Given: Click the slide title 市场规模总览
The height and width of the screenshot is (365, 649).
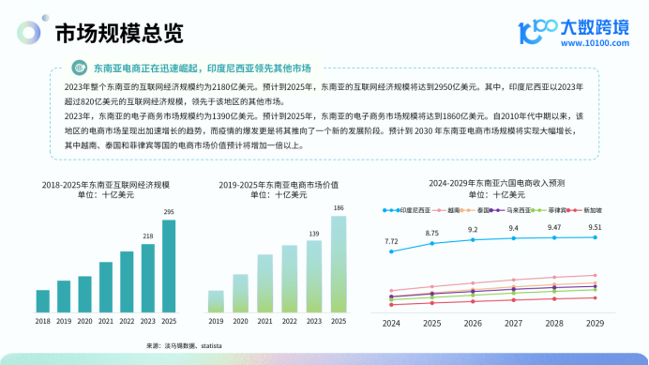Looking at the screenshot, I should [x=118, y=34].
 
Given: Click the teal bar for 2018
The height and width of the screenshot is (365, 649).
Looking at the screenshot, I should [x=42, y=300].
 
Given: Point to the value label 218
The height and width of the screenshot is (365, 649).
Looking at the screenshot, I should [x=148, y=236].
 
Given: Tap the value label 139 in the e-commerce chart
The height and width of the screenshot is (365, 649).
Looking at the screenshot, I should [x=313, y=232].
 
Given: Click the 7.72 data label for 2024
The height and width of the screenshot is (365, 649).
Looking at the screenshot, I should [x=391, y=241].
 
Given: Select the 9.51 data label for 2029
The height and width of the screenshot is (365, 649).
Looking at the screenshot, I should [x=595, y=226].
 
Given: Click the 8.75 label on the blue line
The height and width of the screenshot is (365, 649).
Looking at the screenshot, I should [x=431, y=232].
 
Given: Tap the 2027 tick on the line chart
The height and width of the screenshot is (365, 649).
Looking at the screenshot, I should [x=513, y=323].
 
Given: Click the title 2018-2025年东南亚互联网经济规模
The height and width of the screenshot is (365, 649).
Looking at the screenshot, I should [x=105, y=187].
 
